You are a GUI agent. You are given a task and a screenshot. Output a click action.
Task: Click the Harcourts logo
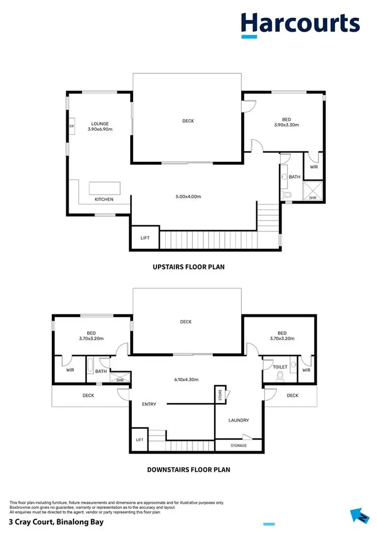(x=300, y=24)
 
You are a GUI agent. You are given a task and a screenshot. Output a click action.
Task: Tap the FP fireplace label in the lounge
(x=71, y=126)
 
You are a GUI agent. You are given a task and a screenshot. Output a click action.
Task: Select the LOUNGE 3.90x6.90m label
(x=100, y=126)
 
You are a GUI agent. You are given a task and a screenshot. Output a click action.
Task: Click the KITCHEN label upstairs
(x=104, y=200)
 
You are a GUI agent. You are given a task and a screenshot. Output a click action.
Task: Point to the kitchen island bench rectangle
(x=105, y=188)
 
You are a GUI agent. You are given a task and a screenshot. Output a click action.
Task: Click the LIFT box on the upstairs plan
(x=145, y=238)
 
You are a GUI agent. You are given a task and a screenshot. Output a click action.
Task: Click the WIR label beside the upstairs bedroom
(x=314, y=167)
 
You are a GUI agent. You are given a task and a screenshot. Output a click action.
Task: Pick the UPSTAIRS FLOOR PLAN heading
(x=189, y=267)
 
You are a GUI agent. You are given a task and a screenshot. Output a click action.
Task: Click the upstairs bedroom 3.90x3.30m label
(x=287, y=122)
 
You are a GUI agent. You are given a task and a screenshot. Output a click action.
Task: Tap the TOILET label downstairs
(x=279, y=367)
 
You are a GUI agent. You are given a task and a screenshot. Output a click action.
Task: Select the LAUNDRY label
(x=238, y=420)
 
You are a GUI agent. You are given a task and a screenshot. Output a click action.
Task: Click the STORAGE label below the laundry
(x=239, y=446)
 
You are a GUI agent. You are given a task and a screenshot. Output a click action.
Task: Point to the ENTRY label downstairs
(x=149, y=404)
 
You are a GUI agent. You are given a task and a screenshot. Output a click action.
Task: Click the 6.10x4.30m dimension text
(x=186, y=380)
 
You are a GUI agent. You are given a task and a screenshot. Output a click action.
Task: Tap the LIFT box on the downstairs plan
(x=139, y=439)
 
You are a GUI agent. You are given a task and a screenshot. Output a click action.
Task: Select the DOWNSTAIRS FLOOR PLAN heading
(x=189, y=470)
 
